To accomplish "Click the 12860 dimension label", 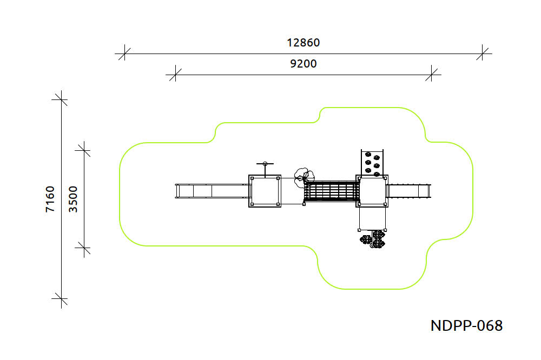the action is click(x=304, y=42).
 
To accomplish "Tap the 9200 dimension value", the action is click(x=304, y=63).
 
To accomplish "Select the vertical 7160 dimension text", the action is click(x=50, y=199).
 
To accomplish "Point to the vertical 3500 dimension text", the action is click(x=73, y=199).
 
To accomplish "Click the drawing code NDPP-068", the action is click(x=466, y=325).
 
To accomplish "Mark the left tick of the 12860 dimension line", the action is click(x=124, y=54).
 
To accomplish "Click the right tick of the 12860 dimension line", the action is click(x=483, y=54).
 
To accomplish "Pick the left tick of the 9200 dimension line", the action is click(x=175, y=75).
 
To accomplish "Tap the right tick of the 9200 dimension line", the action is click(x=431, y=75).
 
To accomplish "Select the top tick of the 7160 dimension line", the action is click(x=62, y=99).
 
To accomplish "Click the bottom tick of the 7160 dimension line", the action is click(x=62, y=298).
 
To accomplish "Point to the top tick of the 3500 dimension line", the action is click(x=84, y=150).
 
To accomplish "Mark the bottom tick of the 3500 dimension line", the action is click(x=84, y=248).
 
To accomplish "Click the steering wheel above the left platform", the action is click(x=265, y=164).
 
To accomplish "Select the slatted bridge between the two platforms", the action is click(x=332, y=192).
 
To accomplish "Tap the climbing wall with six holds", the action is click(x=372, y=163).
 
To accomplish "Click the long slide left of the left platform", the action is click(x=212, y=191).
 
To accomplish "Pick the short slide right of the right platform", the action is click(x=408, y=191).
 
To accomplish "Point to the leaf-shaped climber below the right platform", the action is click(x=373, y=239).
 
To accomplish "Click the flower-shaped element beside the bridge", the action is click(x=304, y=178).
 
